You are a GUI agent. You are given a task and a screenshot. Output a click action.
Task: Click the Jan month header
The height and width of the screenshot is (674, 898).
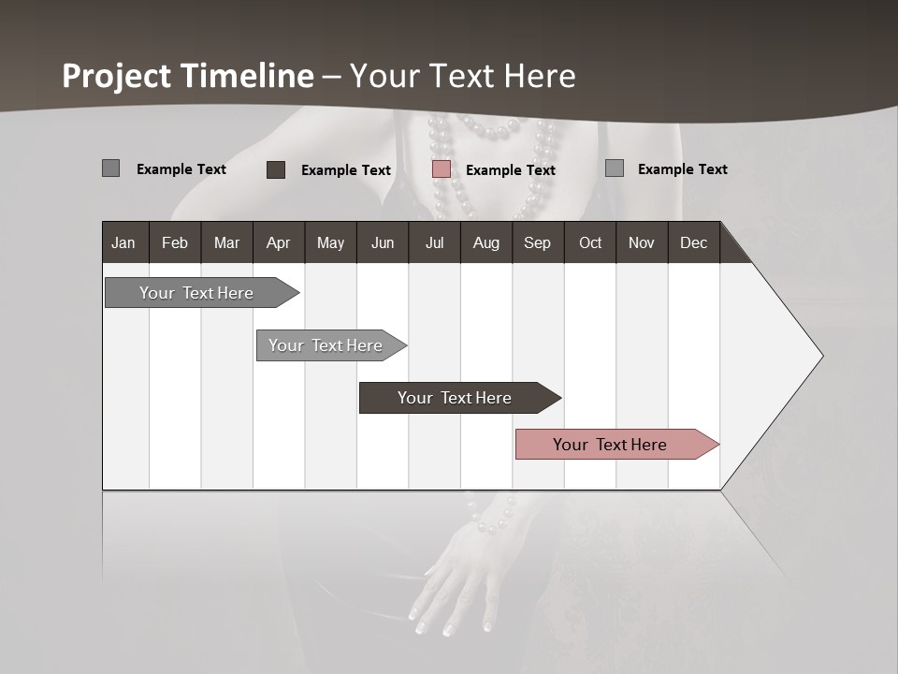click(x=123, y=242)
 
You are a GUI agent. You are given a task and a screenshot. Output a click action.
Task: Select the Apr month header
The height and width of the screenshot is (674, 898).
click(x=278, y=242)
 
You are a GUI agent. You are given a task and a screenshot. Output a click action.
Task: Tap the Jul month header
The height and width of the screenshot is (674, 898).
click(x=434, y=242)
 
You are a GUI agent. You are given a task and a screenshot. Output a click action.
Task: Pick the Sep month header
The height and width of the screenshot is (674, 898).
click(x=537, y=242)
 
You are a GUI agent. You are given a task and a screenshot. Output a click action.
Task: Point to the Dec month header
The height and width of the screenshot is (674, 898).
click(x=693, y=242)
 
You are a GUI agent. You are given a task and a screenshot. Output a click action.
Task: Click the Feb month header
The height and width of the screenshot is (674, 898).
click(x=175, y=242)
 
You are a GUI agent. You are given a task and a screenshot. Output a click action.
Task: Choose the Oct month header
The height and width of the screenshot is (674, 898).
click(x=590, y=242)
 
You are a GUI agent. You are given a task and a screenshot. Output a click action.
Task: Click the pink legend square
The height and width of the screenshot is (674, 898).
click(x=442, y=169)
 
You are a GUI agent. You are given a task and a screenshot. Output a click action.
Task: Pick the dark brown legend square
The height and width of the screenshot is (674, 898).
click(x=276, y=169)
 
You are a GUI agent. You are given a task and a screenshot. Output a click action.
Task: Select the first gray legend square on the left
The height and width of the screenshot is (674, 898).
click(x=110, y=168)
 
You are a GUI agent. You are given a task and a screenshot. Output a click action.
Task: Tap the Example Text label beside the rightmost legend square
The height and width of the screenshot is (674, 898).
click(x=682, y=169)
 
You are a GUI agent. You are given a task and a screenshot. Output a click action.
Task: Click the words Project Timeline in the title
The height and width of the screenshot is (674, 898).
click(x=188, y=76)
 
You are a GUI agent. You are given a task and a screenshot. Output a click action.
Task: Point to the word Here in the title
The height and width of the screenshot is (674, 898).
click(x=540, y=76)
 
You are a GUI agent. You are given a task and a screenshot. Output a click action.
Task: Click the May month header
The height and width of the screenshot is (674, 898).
click(x=330, y=242)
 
